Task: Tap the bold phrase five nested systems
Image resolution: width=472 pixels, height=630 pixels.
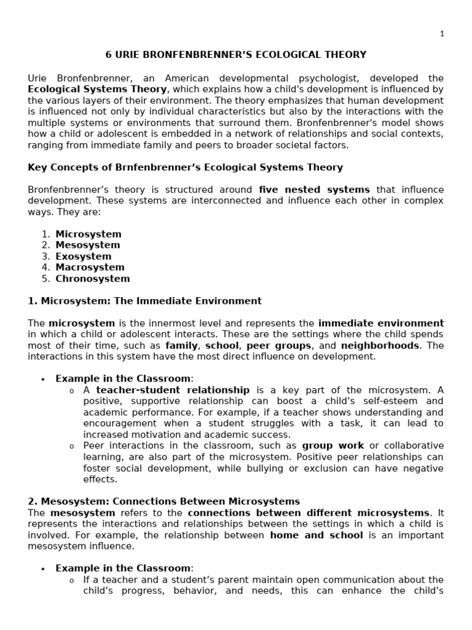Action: point(314,189)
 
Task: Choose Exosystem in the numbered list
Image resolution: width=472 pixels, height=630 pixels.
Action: point(83,257)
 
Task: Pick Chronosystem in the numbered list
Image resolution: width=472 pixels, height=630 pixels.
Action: point(92,279)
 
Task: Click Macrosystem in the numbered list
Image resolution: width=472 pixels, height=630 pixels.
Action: point(90,268)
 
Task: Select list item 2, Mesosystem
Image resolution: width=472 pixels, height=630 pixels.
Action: point(88,245)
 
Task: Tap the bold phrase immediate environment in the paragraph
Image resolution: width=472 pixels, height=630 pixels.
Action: point(380,323)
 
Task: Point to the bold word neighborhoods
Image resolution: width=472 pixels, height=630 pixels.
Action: point(380,345)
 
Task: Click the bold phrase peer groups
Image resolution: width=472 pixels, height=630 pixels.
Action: point(275,345)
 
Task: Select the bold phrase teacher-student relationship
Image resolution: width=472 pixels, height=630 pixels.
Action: point(173,390)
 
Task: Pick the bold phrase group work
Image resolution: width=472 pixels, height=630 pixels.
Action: point(332,445)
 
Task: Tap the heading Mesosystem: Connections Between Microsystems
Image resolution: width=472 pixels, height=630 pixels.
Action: point(164,501)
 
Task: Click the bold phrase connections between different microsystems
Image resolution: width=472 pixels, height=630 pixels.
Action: point(309,512)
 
